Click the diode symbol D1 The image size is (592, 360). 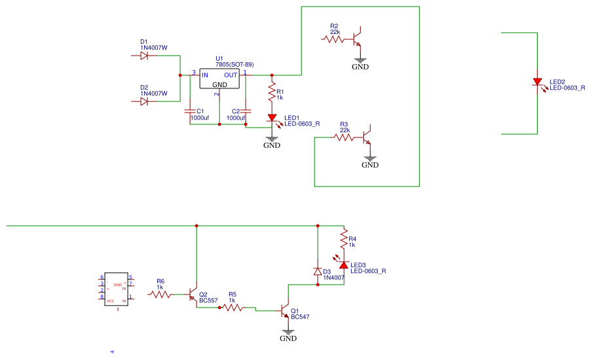tap(144, 56)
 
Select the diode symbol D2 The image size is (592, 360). tap(144, 101)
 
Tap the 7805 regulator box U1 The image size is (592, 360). tap(219, 79)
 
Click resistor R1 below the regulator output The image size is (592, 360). tap(272, 94)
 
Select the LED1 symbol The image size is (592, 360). tap(272, 118)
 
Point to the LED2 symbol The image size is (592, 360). tap(538, 82)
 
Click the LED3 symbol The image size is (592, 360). tap(342, 264)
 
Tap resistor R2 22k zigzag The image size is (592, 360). tap(333, 39)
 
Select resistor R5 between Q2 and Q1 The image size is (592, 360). tap(233, 308)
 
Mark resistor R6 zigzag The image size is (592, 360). tap(160, 295)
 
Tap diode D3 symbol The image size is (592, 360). tap(318, 271)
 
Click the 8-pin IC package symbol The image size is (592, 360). tap(118, 289)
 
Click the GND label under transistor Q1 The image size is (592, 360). tap(288, 338)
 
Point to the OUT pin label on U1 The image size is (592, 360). tap(231, 75)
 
